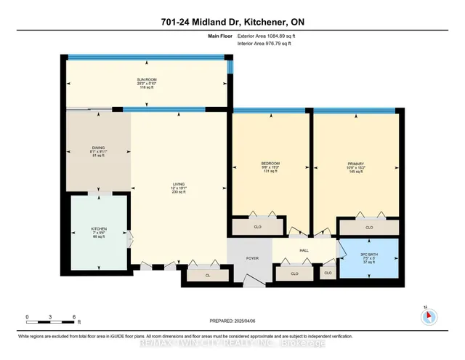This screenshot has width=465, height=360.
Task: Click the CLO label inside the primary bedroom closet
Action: pyautogui.click(x=368, y=228)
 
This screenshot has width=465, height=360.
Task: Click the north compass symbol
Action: pyautogui.click(x=427, y=316)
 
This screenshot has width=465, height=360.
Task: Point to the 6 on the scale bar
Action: pyautogui.click(x=73, y=316)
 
